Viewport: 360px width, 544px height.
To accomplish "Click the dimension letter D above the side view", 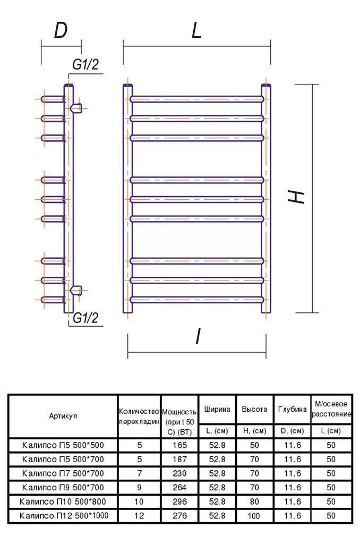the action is pos(61,30).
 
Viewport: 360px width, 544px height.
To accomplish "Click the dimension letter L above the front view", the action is pos(196,30).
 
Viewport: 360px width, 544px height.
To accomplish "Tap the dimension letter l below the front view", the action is pos(198,336).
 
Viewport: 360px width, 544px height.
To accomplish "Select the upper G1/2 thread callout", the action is pos(85,64).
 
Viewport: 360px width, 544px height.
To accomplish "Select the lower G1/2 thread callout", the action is pos(85,318).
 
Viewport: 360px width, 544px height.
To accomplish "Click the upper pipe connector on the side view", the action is pos(76,108).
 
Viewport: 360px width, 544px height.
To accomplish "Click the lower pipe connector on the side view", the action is pos(76,291).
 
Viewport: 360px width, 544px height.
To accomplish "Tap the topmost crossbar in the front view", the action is pos(197,99).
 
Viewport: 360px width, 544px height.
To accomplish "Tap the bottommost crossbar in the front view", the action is pos(197,300).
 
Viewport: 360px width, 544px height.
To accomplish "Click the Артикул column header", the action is pos(63,416).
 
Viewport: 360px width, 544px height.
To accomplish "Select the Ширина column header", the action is pos(217,410).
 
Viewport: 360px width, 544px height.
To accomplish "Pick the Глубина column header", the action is pos(293,410).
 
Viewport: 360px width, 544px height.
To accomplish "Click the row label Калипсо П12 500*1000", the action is pos(64,515).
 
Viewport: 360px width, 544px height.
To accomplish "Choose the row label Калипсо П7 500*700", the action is pos(63,473).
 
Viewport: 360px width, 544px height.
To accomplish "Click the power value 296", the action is pos(179,501).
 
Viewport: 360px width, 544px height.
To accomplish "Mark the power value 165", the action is pos(179,445).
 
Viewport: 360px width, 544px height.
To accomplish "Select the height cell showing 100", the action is pos(254,516).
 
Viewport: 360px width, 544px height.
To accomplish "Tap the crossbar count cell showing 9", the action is pos(139,488).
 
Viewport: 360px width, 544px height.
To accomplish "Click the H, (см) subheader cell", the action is pos(254,431).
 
